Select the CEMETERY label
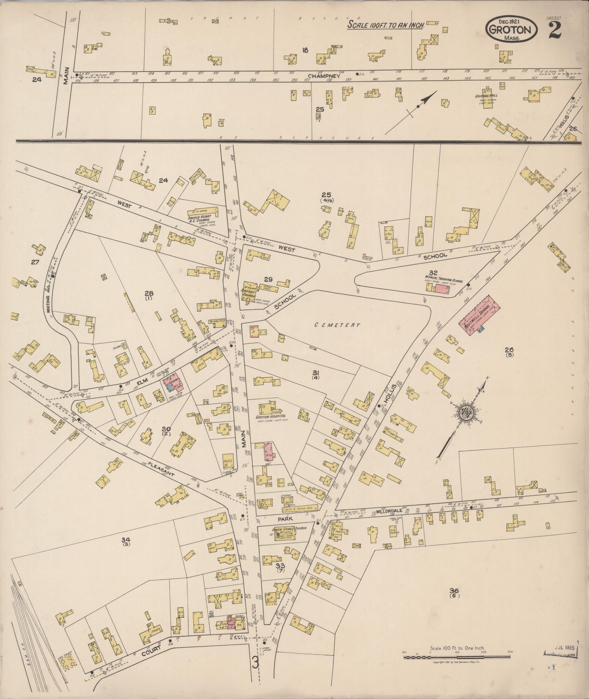337,325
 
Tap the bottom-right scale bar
457,657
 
